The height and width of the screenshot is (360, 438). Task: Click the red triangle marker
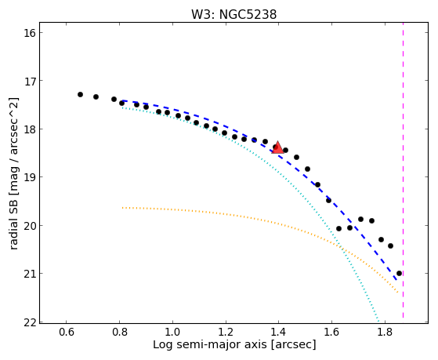click(277, 147)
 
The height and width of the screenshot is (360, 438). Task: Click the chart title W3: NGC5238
click(233, 14)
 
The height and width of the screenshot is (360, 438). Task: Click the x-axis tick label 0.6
click(66, 333)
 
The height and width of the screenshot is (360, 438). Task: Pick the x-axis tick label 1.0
click(172, 333)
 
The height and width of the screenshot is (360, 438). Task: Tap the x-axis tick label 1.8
click(385, 333)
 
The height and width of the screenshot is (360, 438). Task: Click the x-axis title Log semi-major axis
click(210, 344)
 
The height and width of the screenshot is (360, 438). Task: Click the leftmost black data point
click(80, 95)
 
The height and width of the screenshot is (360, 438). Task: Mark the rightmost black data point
click(399, 273)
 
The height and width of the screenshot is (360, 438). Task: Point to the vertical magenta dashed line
click(403, 170)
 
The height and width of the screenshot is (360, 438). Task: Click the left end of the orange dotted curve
click(122, 208)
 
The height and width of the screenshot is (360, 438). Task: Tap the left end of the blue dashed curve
click(122, 100)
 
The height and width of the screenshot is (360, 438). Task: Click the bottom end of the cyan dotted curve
click(378, 321)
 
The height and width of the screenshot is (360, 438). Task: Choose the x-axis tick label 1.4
click(278, 333)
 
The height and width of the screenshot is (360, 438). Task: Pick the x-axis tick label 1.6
click(331, 333)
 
